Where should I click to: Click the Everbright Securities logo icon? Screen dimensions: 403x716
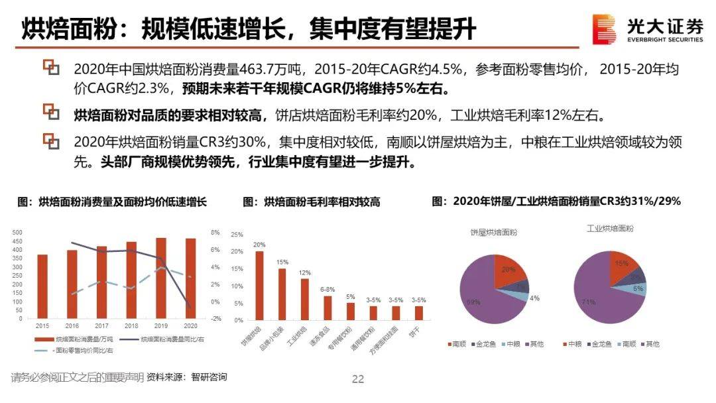[604, 29]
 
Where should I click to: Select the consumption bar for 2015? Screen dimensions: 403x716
[42, 286]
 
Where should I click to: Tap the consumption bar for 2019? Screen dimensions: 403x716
[161, 278]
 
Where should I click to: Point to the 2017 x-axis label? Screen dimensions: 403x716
[101, 326]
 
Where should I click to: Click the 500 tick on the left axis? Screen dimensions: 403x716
[18, 233]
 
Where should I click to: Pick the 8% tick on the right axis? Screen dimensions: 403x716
[215, 233]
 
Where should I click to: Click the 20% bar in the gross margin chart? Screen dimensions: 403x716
[259, 285]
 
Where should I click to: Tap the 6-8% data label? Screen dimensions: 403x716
[328, 290]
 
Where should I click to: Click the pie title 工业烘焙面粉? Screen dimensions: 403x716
[609, 229]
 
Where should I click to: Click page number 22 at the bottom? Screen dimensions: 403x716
[358, 379]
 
